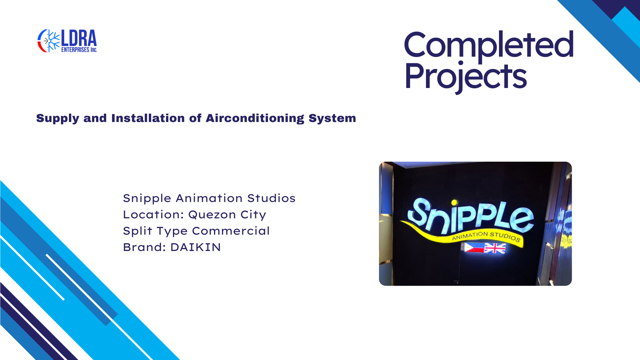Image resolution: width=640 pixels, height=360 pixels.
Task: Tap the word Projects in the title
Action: pyautogui.click(x=466, y=77)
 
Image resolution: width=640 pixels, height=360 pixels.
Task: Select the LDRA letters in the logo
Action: pyautogui.click(x=79, y=38)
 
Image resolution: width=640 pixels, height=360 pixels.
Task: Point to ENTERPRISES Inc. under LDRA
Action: pyautogui.click(x=79, y=50)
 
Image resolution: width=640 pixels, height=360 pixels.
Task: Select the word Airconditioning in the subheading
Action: pyautogui.click(x=255, y=119)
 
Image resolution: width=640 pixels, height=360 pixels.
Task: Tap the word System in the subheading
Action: pyautogui.click(x=332, y=119)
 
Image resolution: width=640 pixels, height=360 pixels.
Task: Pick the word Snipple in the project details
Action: pyautogui.click(x=147, y=199)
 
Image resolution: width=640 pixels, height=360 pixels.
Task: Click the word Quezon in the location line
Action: pyautogui.click(x=212, y=215)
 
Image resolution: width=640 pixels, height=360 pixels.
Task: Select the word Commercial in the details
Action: pyautogui.click(x=231, y=231)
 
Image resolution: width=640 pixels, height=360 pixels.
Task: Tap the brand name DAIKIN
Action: pyautogui.click(x=196, y=247)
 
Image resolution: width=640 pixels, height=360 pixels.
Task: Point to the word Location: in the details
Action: pyautogui.click(x=154, y=215)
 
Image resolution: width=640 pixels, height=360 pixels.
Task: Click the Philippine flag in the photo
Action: pyautogui.click(x=473, y=247)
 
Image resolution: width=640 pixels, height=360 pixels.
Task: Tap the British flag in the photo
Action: pyautogui.click(x=495, y=248)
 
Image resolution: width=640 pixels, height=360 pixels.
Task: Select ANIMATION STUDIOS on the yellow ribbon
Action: pyautogui.click(x=486, y=236)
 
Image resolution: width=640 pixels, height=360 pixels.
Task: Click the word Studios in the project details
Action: pyautogui.click(x=271, y=198)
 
